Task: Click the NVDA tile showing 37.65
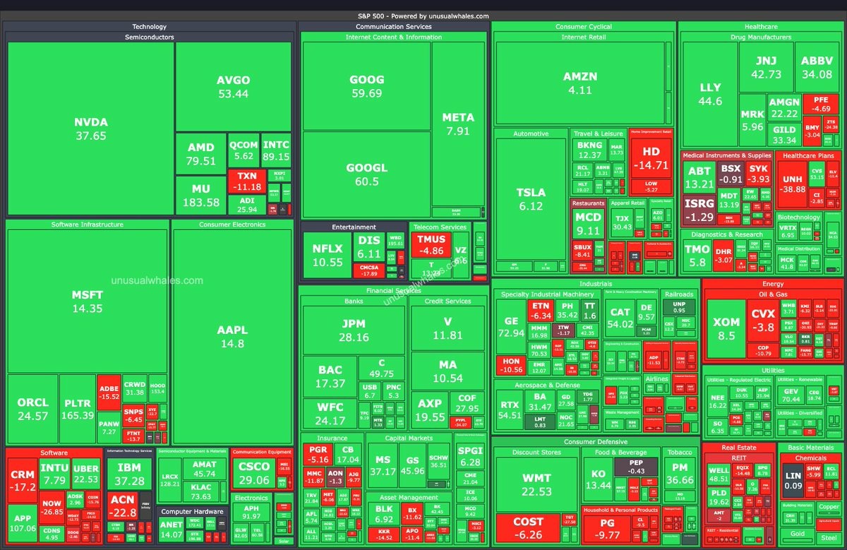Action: (x=90, y=128)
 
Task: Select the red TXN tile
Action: (x=246, y=181)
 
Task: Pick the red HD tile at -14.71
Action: (x=650, y=158)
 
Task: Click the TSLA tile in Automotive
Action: (x=531, y=198)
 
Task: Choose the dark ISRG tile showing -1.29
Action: (x=699, y=210)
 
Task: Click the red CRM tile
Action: (x=22, y=480)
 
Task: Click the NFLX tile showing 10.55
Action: (x=328, y=255)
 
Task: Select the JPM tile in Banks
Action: (x=353, y=330)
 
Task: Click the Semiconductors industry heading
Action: (x=149, y=37)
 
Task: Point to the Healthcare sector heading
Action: (x=761, y=27)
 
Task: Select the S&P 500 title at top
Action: (x=423, y=16)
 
